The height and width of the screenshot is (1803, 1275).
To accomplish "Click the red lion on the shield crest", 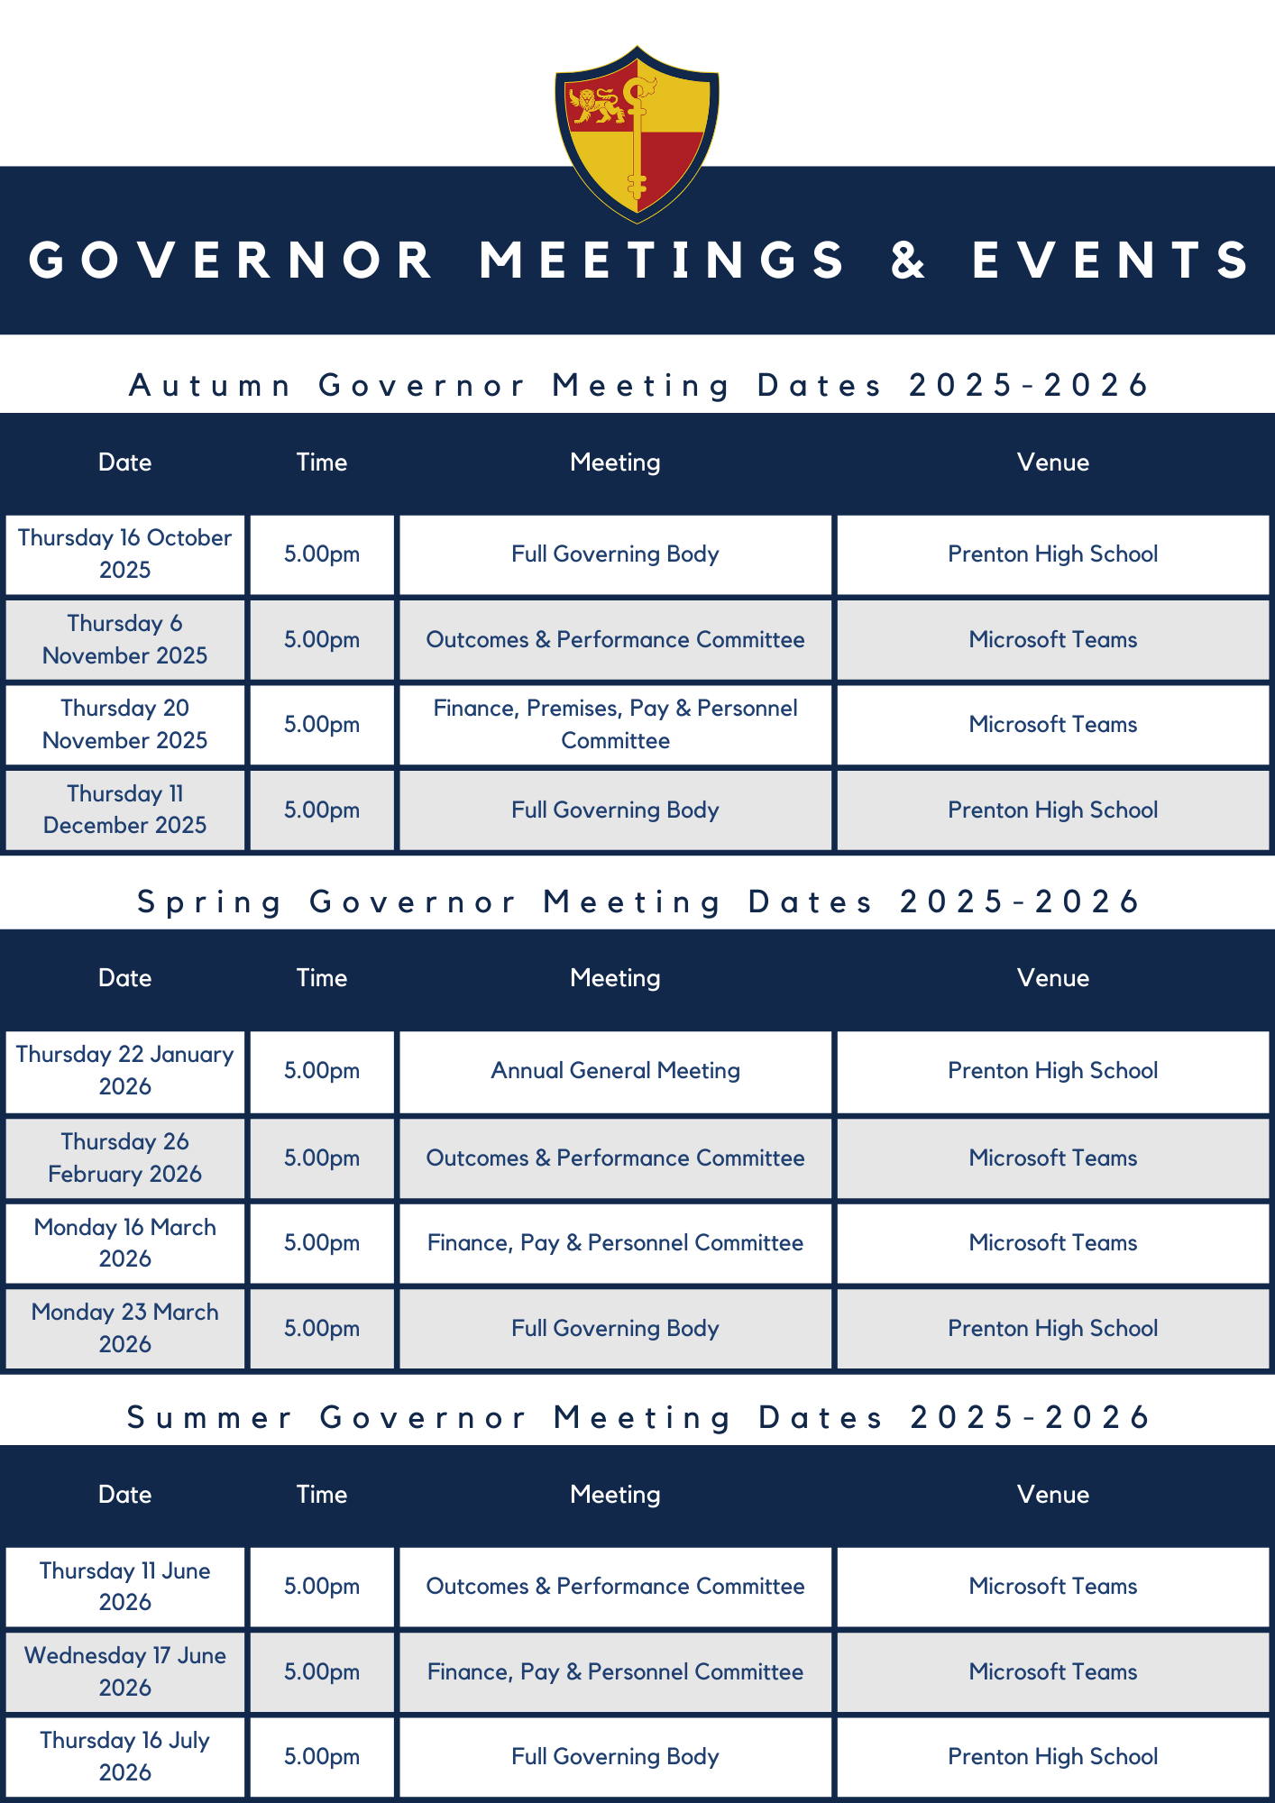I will (x=596, y=105).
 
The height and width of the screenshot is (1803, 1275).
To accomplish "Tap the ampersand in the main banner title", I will (x=908, y=260).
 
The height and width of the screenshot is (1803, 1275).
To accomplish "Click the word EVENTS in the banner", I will (x=1111, y=260).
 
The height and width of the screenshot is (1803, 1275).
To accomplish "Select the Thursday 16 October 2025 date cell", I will (x=125, y=554).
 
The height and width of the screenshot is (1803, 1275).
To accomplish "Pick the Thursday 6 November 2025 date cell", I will (x=125, y=639).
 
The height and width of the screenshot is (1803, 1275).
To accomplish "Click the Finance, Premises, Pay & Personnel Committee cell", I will (x=615, y=724).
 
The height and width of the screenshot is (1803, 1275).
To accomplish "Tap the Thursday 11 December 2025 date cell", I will (x=125, y=810).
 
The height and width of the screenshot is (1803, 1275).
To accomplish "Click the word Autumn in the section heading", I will (x=210, y=385).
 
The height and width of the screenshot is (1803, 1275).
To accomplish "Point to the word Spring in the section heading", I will (x=209, y=901).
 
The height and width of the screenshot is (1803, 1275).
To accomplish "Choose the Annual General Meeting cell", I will (x=615, y=1070).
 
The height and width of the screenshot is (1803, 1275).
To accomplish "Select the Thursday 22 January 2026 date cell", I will (x=125, y=1070).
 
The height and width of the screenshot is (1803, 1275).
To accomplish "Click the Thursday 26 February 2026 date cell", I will (x=125, y=1158).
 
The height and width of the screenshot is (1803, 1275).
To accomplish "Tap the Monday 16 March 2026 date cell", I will (x=125, y=1242).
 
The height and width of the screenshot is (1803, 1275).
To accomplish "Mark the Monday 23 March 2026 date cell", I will (x=125, y=1328).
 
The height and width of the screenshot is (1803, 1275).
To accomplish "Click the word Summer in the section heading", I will (x=209, y=1417).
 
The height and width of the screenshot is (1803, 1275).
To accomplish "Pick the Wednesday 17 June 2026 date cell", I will (x=125, y=1671).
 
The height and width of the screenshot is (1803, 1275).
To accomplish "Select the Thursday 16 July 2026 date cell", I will (x=125, y=1756).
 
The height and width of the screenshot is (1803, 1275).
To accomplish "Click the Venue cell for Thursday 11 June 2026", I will (x=1052, y=1586).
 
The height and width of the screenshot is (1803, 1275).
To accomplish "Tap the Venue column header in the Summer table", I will (x=1052, y=1494).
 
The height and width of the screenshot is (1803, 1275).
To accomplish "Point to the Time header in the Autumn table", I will (x=322, y=462).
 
